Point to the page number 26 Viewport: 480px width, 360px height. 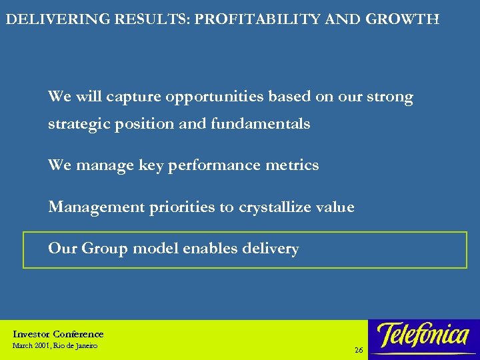359,350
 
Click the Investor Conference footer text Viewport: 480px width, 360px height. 58,334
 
